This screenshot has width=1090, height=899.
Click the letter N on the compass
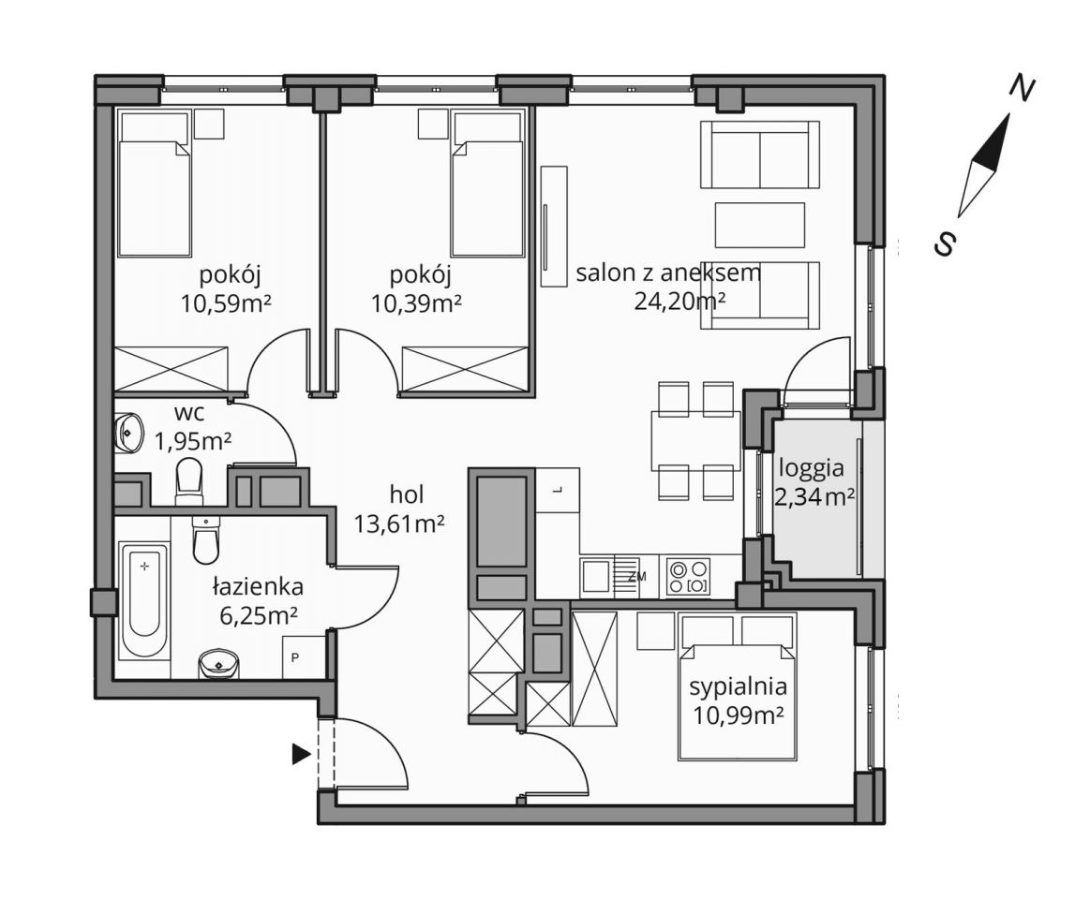tap(1021, 88)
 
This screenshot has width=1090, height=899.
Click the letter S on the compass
tap(946, 243)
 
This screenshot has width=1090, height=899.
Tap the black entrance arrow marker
tap(300, 754)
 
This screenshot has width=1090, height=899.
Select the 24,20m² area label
tap(679, 302)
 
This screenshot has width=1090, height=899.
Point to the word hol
tap(407, 494)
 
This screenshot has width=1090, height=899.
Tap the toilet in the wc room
tap(188, 479)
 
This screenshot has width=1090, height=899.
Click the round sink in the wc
tap(127, 432)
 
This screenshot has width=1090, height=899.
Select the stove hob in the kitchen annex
tap(688, 577)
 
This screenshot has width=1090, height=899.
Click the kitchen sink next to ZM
tap(596, 576)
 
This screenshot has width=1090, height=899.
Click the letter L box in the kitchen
tap(558, 490)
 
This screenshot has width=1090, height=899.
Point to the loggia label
tap(812, 468)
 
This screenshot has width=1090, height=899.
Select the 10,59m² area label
tap(226, 302)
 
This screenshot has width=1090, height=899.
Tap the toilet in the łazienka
tap(205, 539)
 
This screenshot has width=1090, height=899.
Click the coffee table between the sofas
tap(760, 225)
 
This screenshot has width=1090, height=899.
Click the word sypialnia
tap(739, 687)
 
